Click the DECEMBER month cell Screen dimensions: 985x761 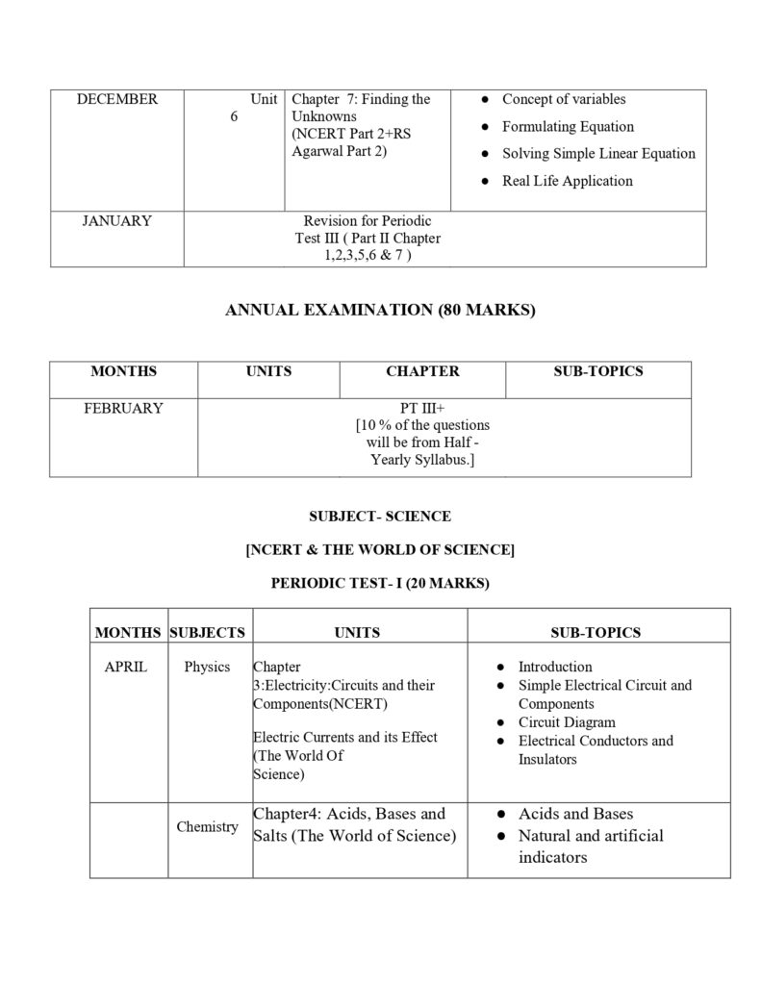coord(117,100)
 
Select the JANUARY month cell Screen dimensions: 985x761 coord(116,221)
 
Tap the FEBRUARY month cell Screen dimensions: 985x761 coord(123,408)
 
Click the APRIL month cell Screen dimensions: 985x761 coord(126,667)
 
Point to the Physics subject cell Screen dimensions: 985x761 coord(207,667)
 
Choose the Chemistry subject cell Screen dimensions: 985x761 coord(207,826)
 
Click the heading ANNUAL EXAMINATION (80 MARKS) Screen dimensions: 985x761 coord(380,310)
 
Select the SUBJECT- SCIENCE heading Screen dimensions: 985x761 coord(380,517)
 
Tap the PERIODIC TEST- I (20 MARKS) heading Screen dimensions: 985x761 coord(380,583)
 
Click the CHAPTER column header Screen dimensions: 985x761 coord(422,371)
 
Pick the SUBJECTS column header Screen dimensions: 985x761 coord(207,632)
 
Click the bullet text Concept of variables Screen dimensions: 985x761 coord(564,100)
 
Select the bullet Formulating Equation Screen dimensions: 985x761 coord(568,127)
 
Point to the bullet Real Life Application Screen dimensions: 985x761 coord(567,181)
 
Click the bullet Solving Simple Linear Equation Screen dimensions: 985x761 coord(598,154)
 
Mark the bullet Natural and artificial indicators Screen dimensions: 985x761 coord(591,846)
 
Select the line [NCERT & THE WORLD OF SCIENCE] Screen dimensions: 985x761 coord(380,550)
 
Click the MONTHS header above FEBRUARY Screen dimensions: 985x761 coord(123,371)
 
